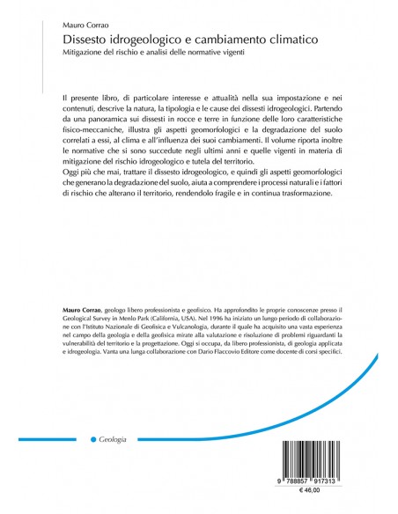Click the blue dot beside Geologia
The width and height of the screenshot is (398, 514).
(93, 438)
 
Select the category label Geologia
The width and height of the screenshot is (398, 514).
(114, 438)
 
